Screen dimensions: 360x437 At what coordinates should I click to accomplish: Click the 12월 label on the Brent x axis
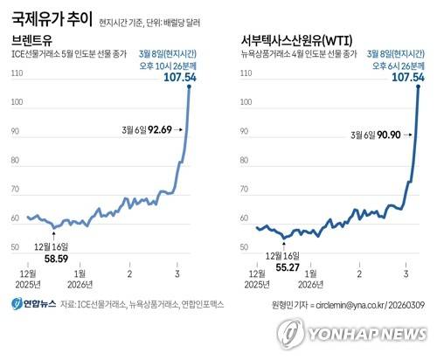[28, 273]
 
